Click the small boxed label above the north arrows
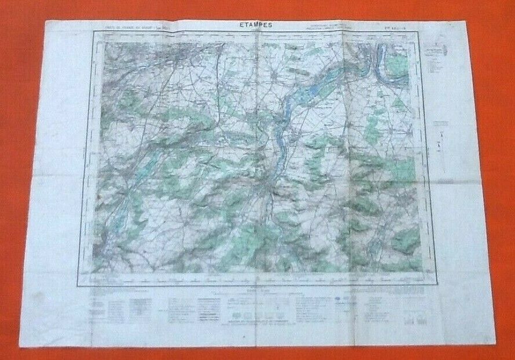(441, 123)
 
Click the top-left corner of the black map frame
(94, 32)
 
